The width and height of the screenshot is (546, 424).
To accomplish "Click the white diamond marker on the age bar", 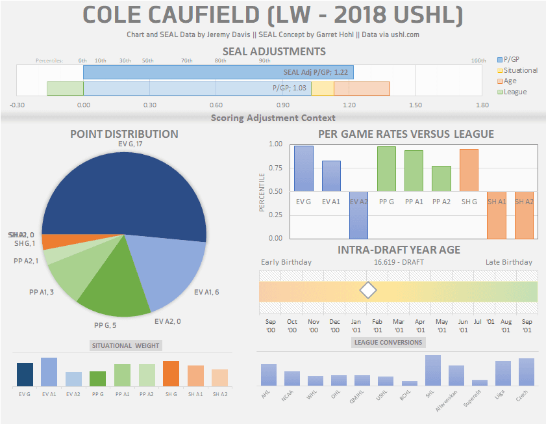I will pyautogui.click(x=368, y=291).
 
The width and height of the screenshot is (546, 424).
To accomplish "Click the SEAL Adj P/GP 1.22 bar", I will pyautogui.click(x=217, y=72).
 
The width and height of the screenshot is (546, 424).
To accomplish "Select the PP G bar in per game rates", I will pyautogui.click(x=387, y=168).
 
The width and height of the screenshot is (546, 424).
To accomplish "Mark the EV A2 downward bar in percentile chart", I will pyautogui.click(x=359, y=215).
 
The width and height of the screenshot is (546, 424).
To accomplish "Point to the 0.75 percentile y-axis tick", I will pyautogui.click(x=275, y=168).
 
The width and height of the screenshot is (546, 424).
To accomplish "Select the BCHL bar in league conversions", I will pyautogui.click(x=410, y=383).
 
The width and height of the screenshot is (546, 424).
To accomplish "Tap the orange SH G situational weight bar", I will pyautogui.click(x=171, y=374).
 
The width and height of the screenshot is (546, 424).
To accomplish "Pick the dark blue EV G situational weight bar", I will pyautogui.click(x=25, y=375).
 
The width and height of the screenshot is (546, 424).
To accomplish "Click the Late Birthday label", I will pyautogui.click(x=508, y=262).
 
